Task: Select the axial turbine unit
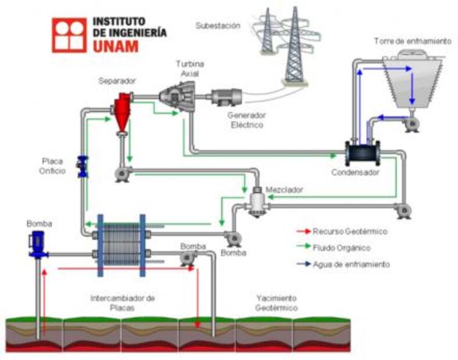(179, 95)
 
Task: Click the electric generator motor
(226, 98)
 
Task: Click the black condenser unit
(362, 153)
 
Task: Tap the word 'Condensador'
(355, 172)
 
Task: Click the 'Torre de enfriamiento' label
(412, 41)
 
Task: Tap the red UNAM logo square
(69, 35)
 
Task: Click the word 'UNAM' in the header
(116, 46)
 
